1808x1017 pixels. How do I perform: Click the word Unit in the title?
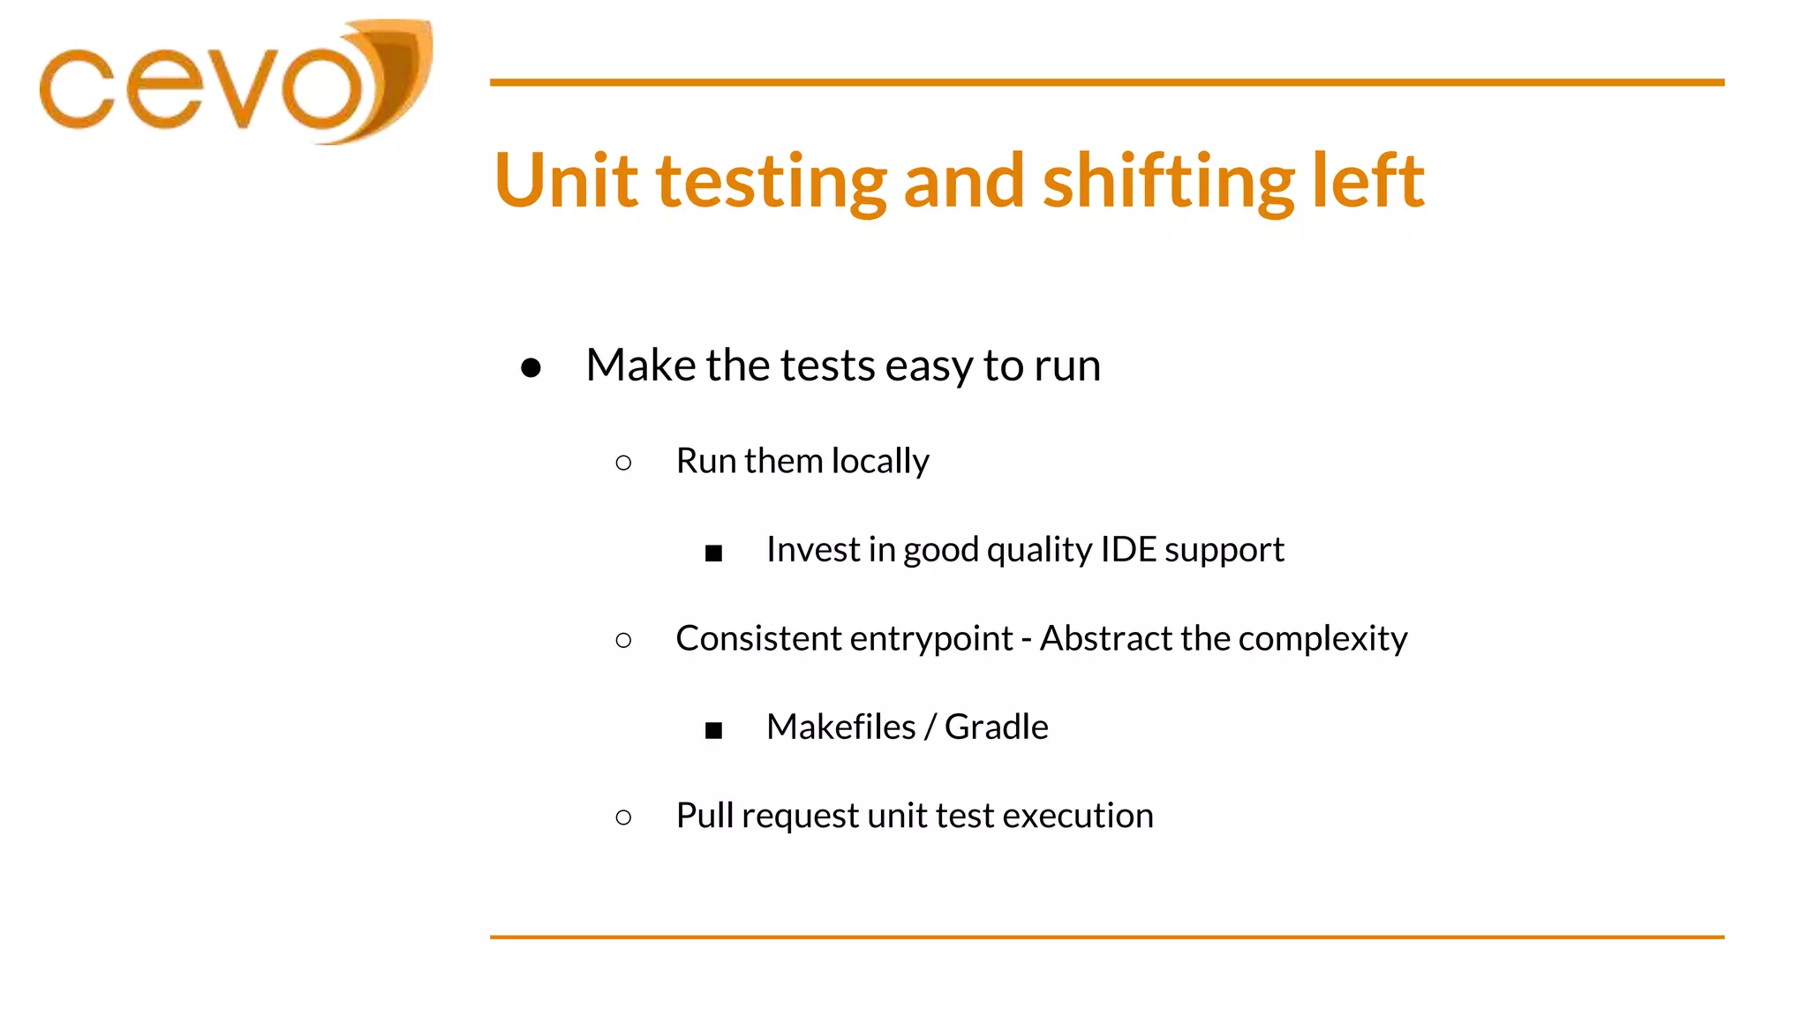(566, 181)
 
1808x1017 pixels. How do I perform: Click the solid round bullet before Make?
(531, 367)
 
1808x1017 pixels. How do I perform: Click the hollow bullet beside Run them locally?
(623, 463)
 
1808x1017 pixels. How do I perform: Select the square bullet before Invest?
(713, 554)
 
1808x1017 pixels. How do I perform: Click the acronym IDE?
(1128, 549)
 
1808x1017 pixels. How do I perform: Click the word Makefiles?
(840, 727)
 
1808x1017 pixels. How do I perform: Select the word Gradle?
(996, 727)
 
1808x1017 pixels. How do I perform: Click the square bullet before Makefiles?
(713, 730)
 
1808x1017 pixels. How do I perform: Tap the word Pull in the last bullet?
(704, 815)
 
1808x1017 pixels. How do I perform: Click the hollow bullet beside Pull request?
(623, 817)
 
